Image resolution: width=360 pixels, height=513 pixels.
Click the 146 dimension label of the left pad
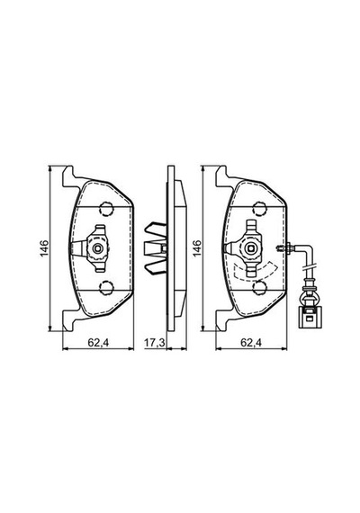click(x=44, y=248)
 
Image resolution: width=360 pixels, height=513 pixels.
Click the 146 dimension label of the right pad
click(x=197, y=248)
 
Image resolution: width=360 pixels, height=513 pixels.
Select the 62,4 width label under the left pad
click(x=98, y=343)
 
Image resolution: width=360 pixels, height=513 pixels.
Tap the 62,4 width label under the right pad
click(x=251, y=343)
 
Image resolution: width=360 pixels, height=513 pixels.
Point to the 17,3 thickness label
click(x=155, y=343)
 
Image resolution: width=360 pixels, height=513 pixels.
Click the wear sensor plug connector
click(x=310, y=318)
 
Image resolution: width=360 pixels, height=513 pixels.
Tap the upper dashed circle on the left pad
click(x=106, y=209)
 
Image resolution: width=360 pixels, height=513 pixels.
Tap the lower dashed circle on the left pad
click(x=106, y=288)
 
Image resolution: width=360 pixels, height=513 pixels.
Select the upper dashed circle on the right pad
click(x=259, y=209)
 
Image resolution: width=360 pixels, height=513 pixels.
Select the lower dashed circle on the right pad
click(x=259, y=288)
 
